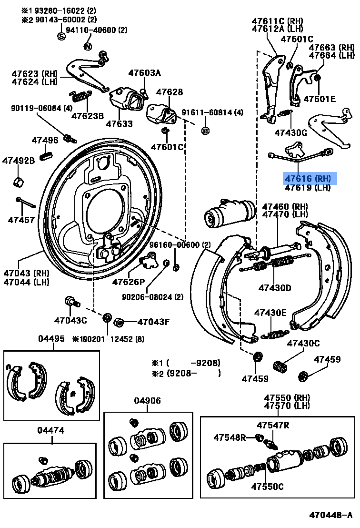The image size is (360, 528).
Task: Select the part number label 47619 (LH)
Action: [x=307, y=188]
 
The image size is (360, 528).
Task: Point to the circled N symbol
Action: [x=87, y=46]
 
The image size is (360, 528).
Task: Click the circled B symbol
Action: [x=205, y=130]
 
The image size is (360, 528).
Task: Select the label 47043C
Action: [x=70, y=320]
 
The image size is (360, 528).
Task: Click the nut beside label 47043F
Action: [x=120, y=323]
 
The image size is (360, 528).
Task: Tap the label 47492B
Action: [x=19, y=161]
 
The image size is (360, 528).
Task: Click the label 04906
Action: [x=147, y=401]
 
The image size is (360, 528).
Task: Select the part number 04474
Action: [x=50, y=430]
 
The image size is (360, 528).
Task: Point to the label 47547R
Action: [x=273, y=425]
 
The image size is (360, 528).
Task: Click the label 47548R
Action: [x=230, y=437]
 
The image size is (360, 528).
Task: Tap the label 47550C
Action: [x=267, y=487]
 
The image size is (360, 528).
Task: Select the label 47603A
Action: [x=144, y=73]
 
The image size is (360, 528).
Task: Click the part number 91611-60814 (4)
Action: [x=219, y=113]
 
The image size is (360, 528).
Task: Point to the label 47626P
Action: [x=128, y=282]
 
